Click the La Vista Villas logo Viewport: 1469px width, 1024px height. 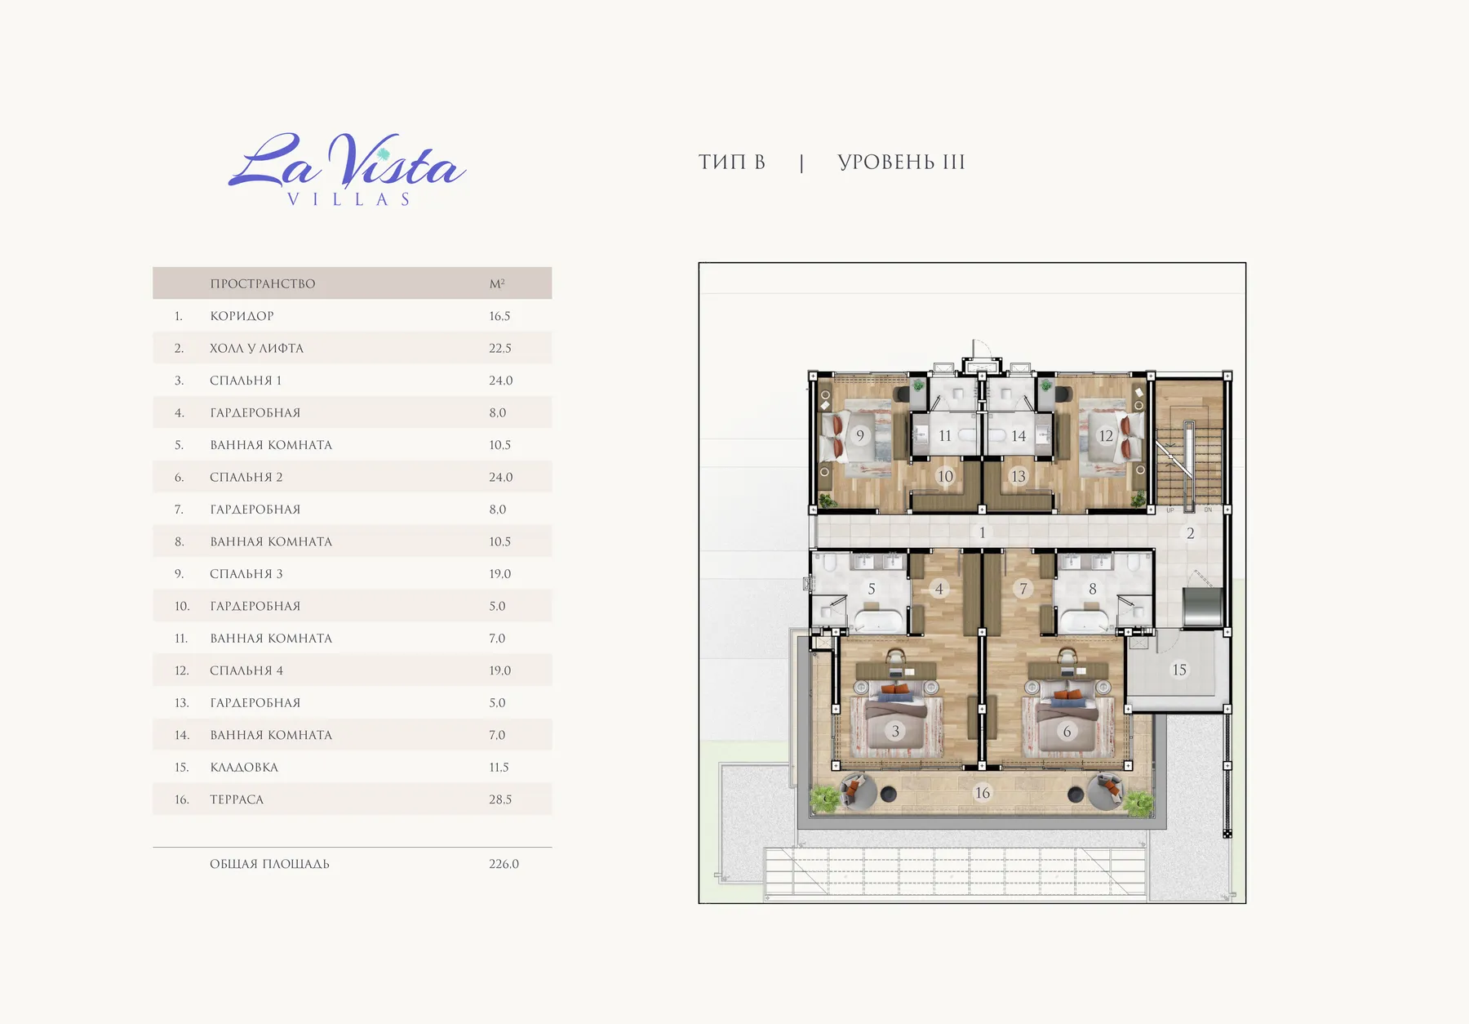click(x=348, y=170)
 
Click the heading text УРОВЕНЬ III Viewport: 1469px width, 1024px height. click(x=901, y=163)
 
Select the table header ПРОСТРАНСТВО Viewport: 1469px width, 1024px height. click(x=263, y=283)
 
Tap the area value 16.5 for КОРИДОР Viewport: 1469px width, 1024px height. click(x=499, y=316)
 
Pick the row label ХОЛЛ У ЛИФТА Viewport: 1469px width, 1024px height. click(x=256, y=348)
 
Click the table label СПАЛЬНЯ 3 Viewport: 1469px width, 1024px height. click(x=246, y=574)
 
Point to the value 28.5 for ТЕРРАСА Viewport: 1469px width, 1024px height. click(x=500, y=799)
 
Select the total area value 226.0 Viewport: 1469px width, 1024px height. click(x=504, y=864)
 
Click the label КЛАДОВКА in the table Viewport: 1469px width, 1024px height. click(x=244, y=768)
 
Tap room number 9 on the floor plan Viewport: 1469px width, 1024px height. click(x=860, y=436)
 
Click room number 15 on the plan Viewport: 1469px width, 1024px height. click(x=1179, y=670)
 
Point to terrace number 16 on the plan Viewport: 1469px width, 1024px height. click(x=983, y=793)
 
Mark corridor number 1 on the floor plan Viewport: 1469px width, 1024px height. click(x=983, y=532)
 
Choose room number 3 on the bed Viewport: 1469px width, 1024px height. click(x=895, y=731)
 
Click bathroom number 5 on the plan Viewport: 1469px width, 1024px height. click(x=872, y=589)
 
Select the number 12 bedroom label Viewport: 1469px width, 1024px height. click(x=1106, y=436)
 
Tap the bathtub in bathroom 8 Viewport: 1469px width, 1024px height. click(x=1084, y=620)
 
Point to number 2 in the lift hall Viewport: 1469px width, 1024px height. click(x=1191, y=533)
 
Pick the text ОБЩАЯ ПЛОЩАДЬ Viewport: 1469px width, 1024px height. click(x=269, y=864)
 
